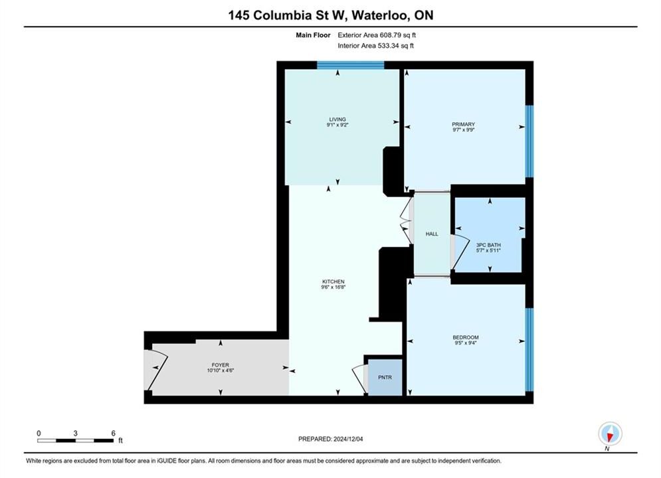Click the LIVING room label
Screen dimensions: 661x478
click(x=337, y=119)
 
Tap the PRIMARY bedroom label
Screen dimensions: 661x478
click(x=463, y=124)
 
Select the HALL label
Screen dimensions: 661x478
click(x=432, y=234)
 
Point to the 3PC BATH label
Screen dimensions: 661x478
click(x=488, y=245)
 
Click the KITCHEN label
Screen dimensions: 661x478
click(x=333, y=281)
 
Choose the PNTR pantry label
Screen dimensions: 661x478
click(x=385, y=377)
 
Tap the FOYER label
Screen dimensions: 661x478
click(x=221, y=365)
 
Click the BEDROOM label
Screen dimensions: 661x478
click(x=466, y=337)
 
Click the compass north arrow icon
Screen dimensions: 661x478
click(x=610, y=434)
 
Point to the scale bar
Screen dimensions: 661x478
click(x=76, y=441)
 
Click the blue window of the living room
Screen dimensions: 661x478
click(x=350, y=65)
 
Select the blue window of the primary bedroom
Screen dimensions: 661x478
click(x=529, y=141)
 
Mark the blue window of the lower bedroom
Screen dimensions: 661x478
click(x=529, y=350)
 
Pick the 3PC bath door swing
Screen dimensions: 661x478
click(x=460, y=252)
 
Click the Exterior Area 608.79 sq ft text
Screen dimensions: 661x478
click(x=377, y=35)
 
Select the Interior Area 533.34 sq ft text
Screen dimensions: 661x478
click(x=375, y=46)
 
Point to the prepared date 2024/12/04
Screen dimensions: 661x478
click(x=348, y=439)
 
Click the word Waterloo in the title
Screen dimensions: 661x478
click(x=379, y=15)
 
